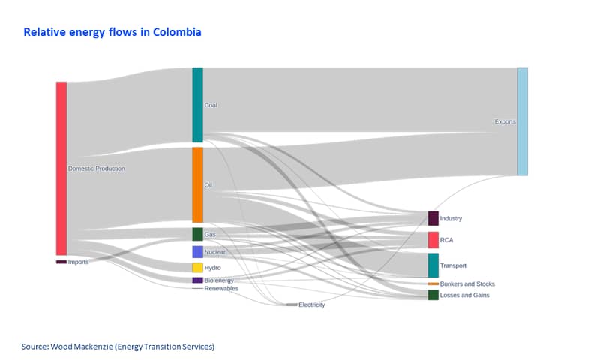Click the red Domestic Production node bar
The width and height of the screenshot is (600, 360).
[61, 168]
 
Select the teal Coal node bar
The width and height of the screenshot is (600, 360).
[197, 105]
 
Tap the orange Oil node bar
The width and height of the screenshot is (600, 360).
[197, 184]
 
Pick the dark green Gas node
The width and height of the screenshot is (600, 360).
[197, 234]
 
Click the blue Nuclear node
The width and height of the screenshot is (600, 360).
[197, 252]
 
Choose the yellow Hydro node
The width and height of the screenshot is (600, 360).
[197, 268]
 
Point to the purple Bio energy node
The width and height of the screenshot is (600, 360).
[197, 280]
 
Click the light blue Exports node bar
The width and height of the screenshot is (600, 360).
[522, 121]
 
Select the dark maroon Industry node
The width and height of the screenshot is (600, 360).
[433, 218]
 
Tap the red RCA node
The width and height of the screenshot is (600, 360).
[433, 240]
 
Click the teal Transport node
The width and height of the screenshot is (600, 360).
[433, 265]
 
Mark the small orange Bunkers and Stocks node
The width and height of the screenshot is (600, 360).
[433, 283]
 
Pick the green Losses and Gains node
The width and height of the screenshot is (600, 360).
[433, 295]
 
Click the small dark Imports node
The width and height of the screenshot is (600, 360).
[61, 262]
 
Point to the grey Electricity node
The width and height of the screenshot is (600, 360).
[292, 304]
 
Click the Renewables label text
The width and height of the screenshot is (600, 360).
[221, 289]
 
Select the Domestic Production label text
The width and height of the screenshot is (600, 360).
[97, 169]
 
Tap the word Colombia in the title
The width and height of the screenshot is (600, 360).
[177, 32]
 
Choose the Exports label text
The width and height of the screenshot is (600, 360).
[505, 122]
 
